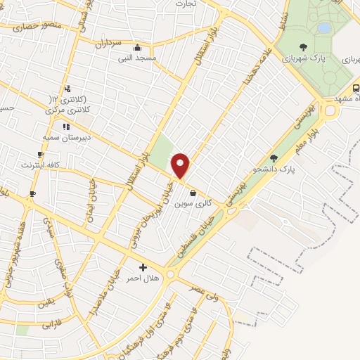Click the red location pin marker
click(x=181, y=166)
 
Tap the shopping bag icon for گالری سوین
click(x=193, y=192)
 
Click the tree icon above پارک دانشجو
click(x=274, y=158)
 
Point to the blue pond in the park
click(x=323, y=28)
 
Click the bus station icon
click(x=356, y=89)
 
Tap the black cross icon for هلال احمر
click(x=143, y=267)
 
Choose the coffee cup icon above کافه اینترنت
click(x=40, y=155)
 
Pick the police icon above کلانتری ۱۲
click(x=67, y=89)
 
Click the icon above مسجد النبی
click(x=136, y=48)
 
